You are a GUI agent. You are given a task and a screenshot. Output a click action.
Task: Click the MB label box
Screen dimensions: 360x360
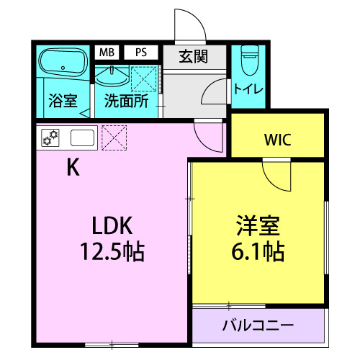[x=107, y=53]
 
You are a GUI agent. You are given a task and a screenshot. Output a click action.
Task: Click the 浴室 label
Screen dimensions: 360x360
[x=63, y=101]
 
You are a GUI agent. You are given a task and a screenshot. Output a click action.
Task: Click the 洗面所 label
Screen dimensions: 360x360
[x=127, y=101]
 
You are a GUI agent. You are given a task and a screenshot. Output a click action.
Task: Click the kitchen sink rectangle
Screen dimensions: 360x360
[x=81, y=137]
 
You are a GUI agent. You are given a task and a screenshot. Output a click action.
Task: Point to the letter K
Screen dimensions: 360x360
[x=73, y=167]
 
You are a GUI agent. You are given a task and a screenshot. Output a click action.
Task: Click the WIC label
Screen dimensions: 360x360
[x=277, y=140]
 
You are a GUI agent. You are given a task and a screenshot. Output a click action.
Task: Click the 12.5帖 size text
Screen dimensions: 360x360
[x=112, y=251]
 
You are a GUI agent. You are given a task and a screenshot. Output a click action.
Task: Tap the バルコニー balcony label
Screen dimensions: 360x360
[x=258, y=325]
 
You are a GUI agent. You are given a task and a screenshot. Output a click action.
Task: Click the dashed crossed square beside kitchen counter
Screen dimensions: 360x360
[x=114, y=137]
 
